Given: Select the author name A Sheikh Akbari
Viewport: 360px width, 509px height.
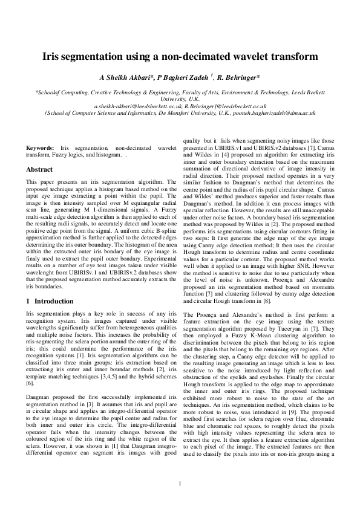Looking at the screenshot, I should click(125, 78).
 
